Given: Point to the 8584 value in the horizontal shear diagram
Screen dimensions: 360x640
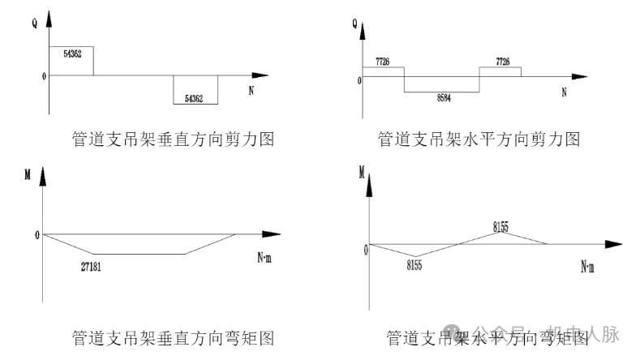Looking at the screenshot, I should tap(444, 97).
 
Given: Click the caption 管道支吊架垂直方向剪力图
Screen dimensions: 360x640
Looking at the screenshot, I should tap(173, 139).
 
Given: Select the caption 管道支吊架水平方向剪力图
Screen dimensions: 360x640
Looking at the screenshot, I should tap(479, 139).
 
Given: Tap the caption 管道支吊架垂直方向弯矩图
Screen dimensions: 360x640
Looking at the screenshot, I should tap(173, 336).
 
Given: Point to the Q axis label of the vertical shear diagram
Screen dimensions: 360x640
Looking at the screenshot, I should tap(35, 24).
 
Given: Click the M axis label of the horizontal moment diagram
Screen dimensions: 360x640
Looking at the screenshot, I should tap(361, 171).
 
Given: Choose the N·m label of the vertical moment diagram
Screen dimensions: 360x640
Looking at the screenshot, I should tap(265, 259).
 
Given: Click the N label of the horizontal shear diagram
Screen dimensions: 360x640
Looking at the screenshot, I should tap(564, 92).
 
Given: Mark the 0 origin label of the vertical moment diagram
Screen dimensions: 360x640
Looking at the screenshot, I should tap(37, 235).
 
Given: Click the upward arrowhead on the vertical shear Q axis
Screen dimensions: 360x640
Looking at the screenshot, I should tap(49, 18).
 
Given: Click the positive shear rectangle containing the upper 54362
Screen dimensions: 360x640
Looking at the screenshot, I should tap(71, 61).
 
